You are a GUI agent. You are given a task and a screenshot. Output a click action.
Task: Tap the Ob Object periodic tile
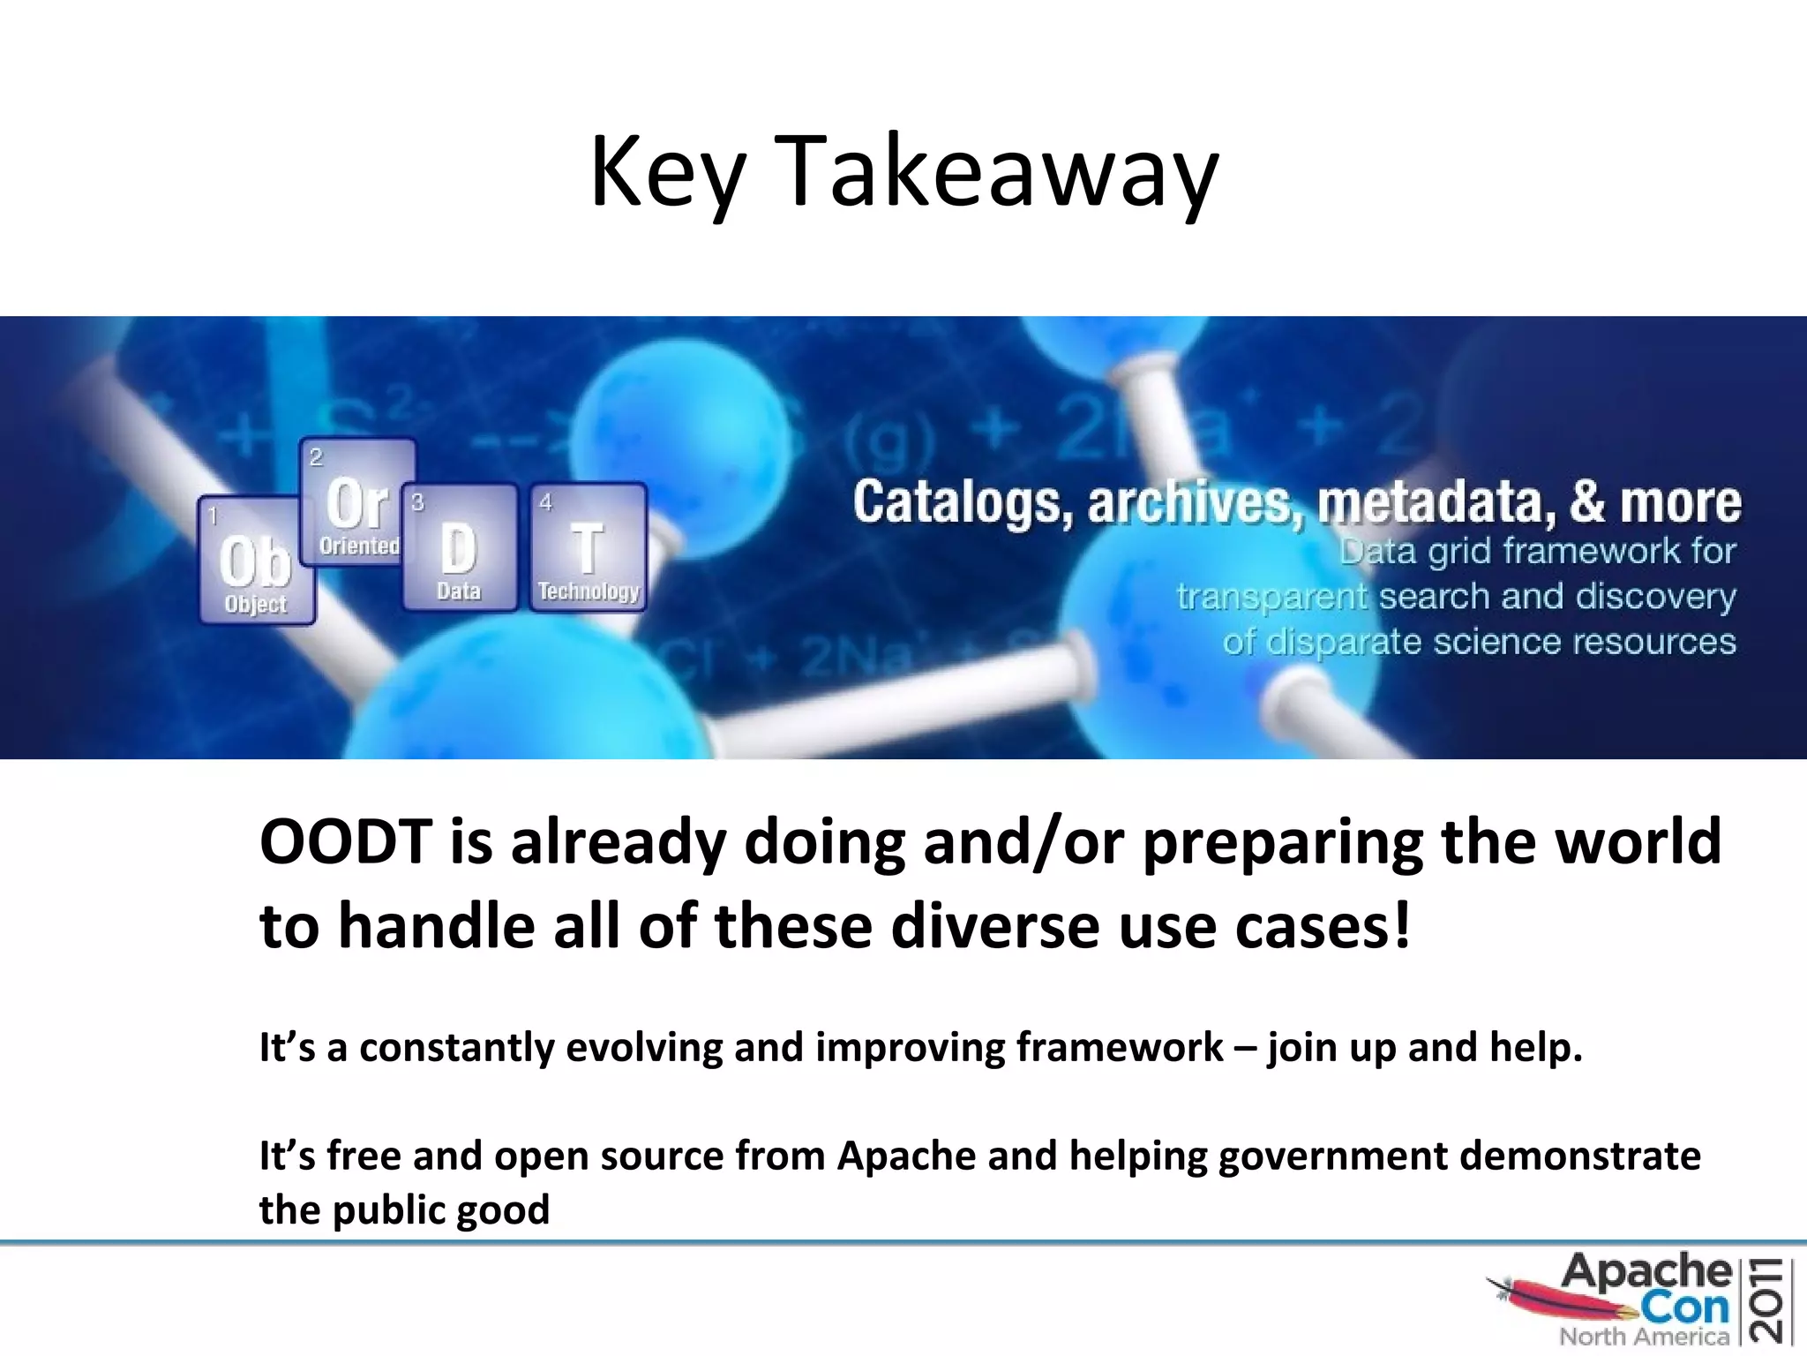(x=256, y=561)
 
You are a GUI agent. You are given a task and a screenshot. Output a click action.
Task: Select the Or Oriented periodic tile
(x=357, y=503)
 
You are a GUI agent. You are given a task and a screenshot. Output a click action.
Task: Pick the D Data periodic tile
(x=459, y=547)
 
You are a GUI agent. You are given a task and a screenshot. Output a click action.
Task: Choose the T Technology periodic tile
(x=588, y=547)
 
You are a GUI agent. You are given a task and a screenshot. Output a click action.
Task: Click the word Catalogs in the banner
(x=962, y=503)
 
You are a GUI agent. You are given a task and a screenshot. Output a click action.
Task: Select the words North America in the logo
(x=1643, y=1337)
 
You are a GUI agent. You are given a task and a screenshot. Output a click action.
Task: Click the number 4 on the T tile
(x=545, y=502)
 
